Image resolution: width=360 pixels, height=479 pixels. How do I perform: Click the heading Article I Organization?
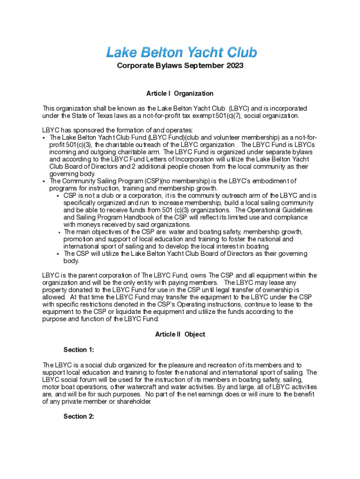coord(180,94)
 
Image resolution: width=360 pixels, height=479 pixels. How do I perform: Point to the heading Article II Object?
coord(180,334)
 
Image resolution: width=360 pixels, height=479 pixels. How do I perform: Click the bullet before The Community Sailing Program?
coord(43,181)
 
